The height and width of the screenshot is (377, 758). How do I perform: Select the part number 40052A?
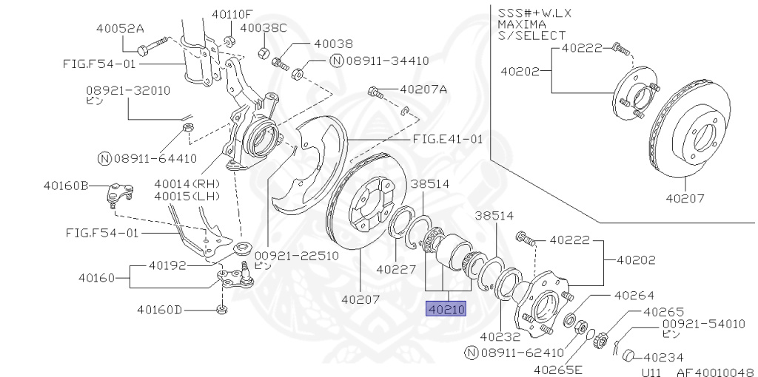pyautogui.click(x=120, y=29)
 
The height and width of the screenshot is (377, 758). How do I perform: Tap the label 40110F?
pyautogui.click(x=232, y=14)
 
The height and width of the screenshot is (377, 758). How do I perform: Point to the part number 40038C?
pyautogui.click(x=266, y=29)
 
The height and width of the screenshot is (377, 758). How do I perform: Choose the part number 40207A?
pyautogui.click(x=423, y=89)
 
